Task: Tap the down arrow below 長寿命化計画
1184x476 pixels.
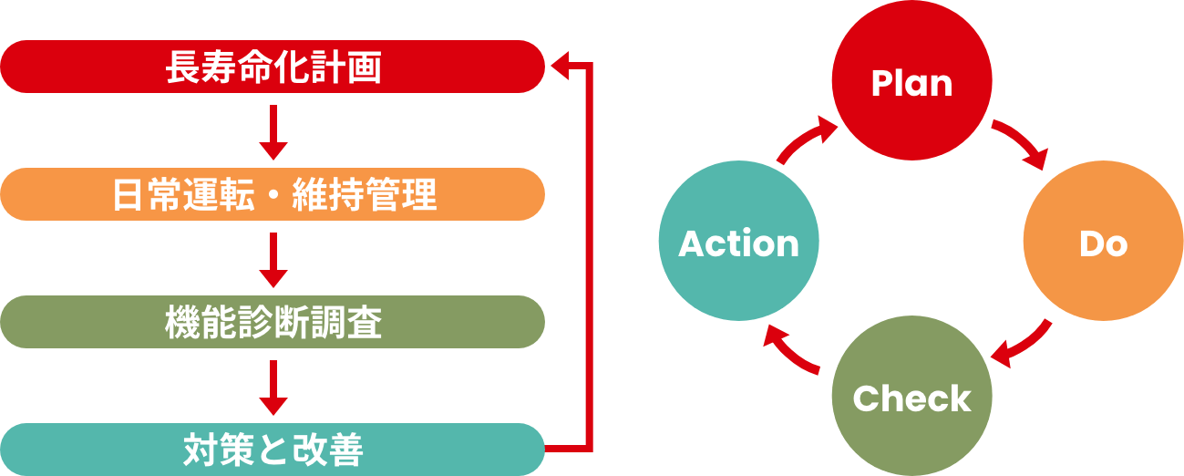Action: tap(273, 131)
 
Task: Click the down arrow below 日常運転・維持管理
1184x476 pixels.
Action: tap(273, 259)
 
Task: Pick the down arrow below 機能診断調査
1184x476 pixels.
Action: tap(273, 387)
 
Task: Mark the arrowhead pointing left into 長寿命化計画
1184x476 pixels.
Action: tap(559, 66)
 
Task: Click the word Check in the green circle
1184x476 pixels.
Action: tap(911, 399)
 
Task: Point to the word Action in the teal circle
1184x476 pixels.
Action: tap(738, 243)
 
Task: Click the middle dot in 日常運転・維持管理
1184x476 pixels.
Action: tap(273, 195)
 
